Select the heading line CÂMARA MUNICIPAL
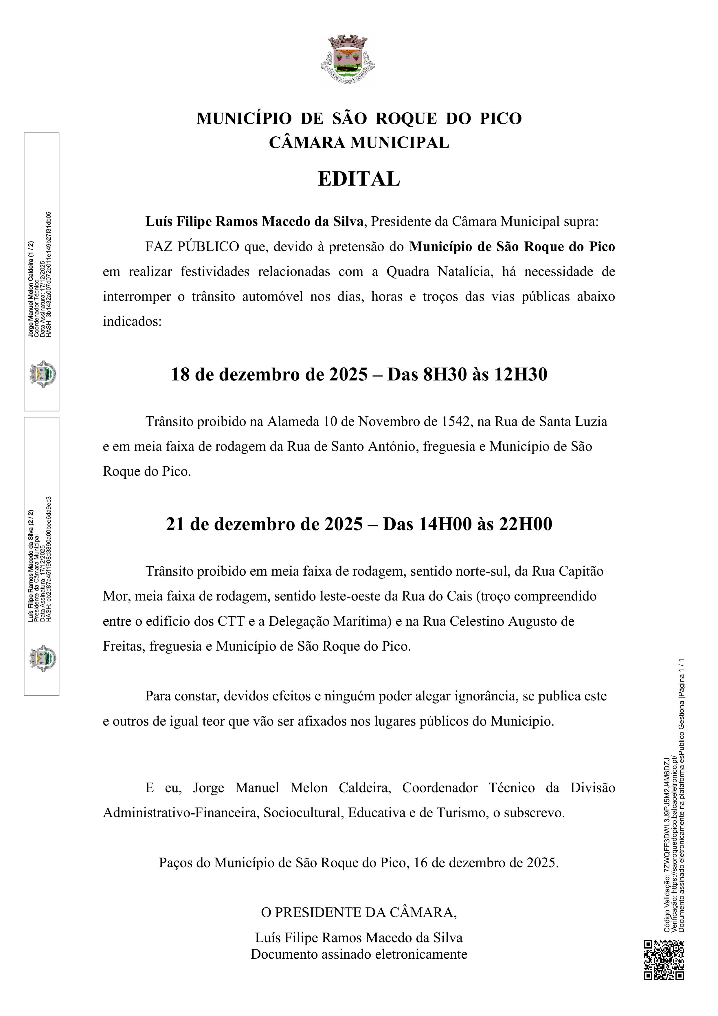pos(359,142)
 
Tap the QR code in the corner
pos(664,959)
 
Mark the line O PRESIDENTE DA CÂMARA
pos(359,912)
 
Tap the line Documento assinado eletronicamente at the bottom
pos(359,954)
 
